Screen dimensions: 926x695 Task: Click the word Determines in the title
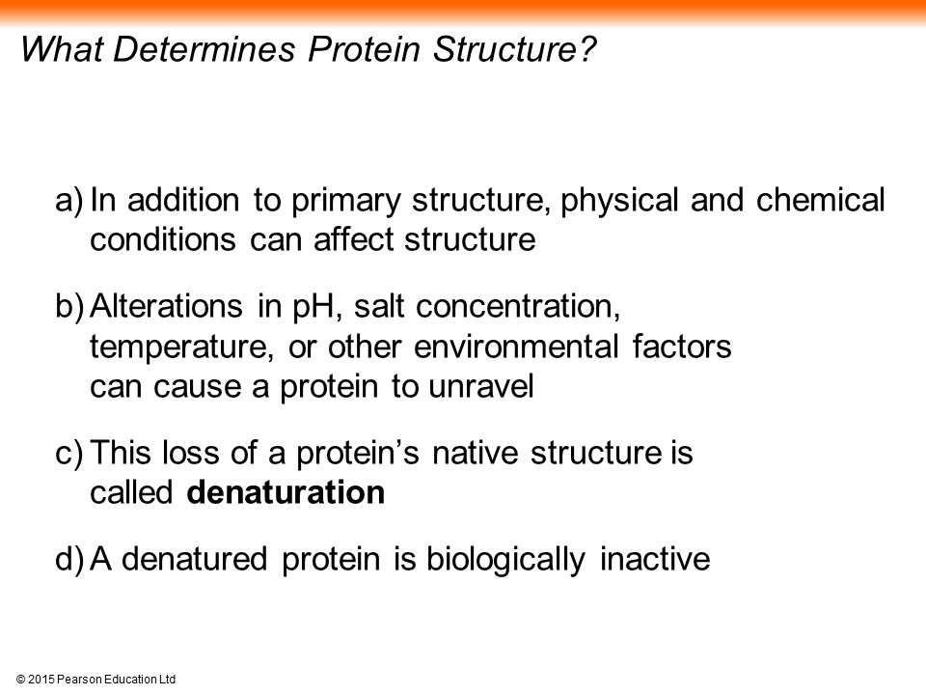coord(204,48)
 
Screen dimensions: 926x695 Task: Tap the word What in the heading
coord(63,48)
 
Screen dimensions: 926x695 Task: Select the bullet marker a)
coord(69,201)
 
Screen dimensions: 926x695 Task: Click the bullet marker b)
coord(69,307)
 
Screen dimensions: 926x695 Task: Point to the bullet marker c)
coord(69,454)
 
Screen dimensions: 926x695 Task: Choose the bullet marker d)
coord(69,559)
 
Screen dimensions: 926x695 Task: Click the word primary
coord(346,202)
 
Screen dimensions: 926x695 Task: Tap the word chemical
coord(820,200)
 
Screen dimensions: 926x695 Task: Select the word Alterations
coord(166,306)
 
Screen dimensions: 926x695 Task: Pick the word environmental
coord(516,347)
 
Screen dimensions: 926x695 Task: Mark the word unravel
coord(481,386)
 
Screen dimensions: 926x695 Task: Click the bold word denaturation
coord(286,492)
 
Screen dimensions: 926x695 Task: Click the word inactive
coord(655,559)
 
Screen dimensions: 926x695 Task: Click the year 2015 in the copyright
coord(41,680)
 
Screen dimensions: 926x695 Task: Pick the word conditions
coord(163,240)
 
